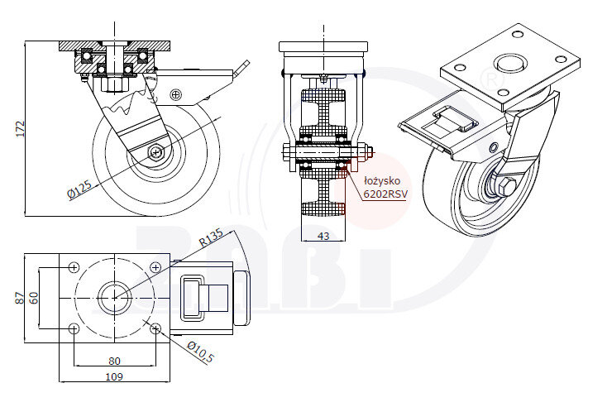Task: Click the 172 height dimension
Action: [x=21, y=128]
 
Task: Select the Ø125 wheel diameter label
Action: [x=79, y=189]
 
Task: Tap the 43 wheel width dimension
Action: [x=323, y=236]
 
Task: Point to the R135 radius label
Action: [x=211, y=237]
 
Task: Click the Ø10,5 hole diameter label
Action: [x=200, y=352]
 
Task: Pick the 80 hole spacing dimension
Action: [x=114, y=361]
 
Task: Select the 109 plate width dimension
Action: [x=114, y=376]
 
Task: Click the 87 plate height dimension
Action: [x=20, y=298]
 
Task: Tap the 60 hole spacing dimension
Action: [x=34, y=298]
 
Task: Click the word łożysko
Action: [x=382, y=181]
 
